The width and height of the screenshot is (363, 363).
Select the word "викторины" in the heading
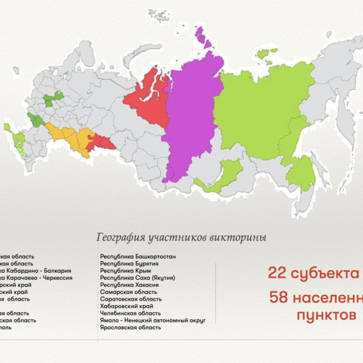[245, 237]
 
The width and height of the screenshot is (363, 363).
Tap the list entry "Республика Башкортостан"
[138, 257]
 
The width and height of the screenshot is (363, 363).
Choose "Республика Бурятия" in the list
[129, 264]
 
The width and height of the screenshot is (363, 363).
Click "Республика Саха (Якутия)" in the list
[137, 278]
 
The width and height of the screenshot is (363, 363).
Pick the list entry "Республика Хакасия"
[129, 285]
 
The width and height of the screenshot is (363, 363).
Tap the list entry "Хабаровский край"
[127, 306]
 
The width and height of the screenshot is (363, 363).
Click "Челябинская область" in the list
[130, 313]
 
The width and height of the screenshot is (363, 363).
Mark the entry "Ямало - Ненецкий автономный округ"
[153, 320]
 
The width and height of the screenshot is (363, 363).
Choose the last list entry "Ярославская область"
[130, 327]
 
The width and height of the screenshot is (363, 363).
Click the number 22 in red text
[276, 274]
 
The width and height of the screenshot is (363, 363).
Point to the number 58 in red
[279, 298]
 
